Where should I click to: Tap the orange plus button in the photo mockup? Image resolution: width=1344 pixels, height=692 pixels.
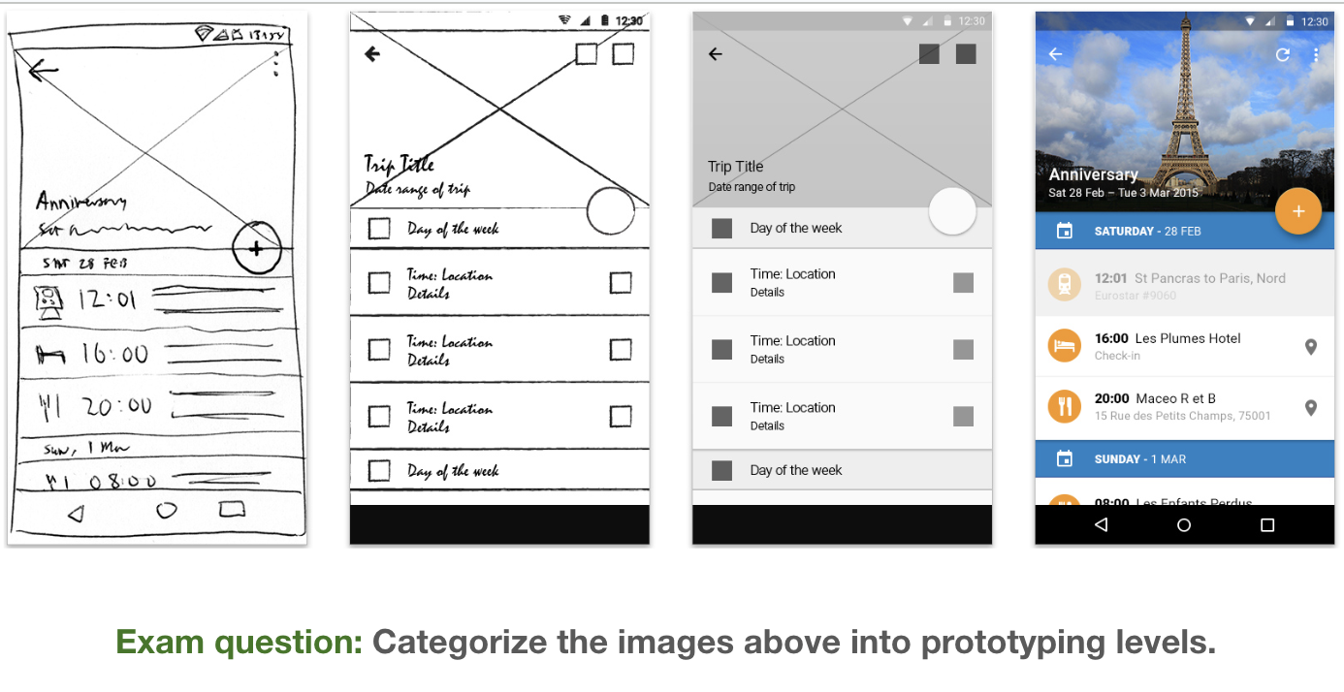coord(1298,211)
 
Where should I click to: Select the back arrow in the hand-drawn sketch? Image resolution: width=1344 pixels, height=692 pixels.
coord(42,70)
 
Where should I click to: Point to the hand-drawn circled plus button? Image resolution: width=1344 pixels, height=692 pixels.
coord(256,248)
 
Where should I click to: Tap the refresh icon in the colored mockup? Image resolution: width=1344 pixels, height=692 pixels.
coord(1283,55)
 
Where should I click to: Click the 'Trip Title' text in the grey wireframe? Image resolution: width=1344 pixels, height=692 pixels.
coord(736,167)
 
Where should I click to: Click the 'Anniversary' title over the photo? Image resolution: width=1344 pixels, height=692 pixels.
coord(1093,174)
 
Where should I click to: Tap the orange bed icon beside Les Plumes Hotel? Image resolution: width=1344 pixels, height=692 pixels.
coord(1064,346)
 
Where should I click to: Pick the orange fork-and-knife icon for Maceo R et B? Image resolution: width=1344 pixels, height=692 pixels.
coord(1064,406)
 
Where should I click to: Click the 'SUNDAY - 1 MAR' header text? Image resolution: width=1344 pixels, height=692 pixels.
coord(1140,459)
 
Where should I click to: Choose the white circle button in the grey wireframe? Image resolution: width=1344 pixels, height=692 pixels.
coord(951,210)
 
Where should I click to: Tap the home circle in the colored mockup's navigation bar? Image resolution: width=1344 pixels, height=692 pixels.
coord(1183,525)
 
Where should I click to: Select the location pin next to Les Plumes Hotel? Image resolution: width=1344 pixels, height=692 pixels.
coord(1311,347)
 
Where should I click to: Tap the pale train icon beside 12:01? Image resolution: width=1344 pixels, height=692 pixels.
coord(1064,285)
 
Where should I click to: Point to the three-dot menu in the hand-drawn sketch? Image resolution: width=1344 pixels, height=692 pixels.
coord(276,63)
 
